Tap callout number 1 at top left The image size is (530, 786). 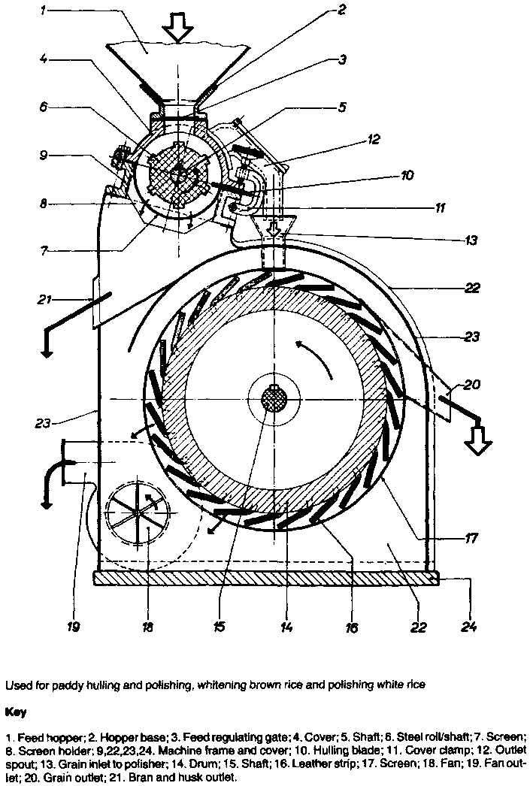44,11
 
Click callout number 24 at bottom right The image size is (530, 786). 468,627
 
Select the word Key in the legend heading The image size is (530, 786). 14,711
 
